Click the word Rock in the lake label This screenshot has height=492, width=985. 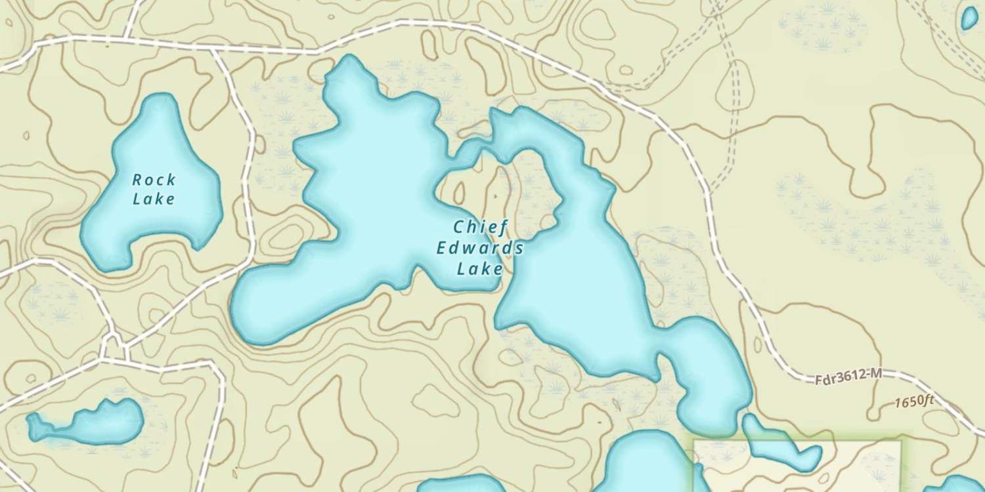(154, 179)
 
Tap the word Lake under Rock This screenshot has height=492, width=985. (154, 198)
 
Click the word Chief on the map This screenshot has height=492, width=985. (481, 228)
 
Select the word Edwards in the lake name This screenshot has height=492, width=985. (481, 248)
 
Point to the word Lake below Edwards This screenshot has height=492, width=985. (480, 268)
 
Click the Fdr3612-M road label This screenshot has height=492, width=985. (848, 378)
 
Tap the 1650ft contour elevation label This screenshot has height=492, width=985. (913, 401)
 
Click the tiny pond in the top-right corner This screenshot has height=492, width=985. (969, 18)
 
